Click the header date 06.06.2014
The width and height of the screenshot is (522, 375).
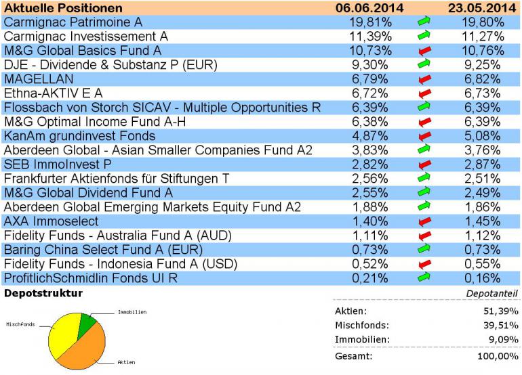click(370, 8)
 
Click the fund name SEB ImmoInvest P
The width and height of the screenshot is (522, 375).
click(57, 164)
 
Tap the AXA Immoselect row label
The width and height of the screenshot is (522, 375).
click(51, 221)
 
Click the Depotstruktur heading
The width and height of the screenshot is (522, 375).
click(43, 294)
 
